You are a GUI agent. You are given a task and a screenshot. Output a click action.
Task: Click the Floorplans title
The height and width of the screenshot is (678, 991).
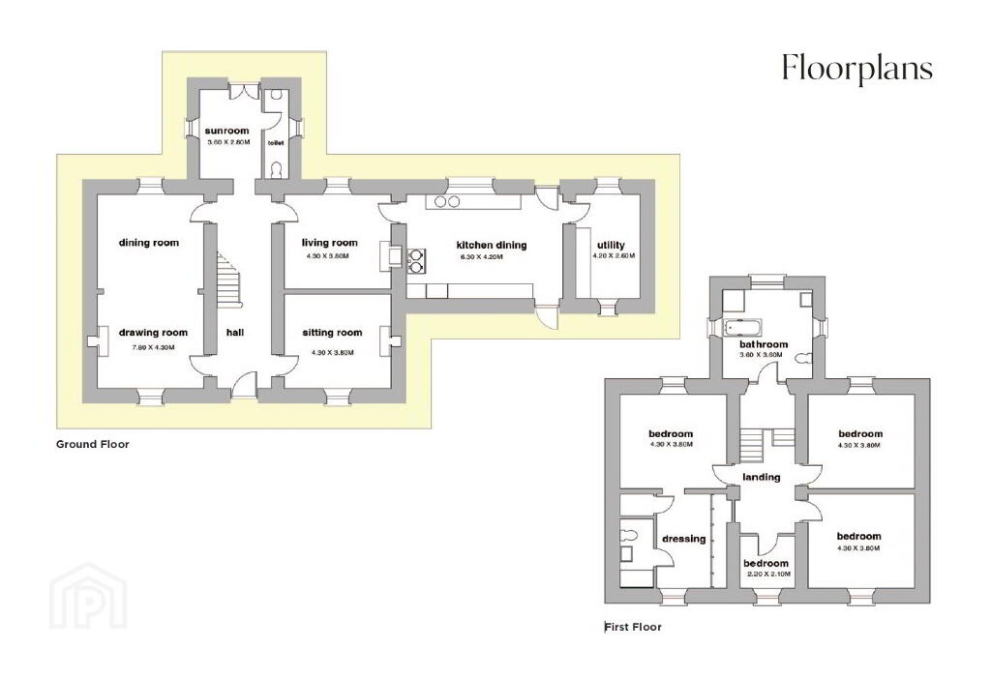pos(857,69)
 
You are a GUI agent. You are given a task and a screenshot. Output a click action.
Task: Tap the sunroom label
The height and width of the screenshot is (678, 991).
pos(226,131)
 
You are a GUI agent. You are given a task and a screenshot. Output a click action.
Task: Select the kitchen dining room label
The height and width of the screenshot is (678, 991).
pos(491,245)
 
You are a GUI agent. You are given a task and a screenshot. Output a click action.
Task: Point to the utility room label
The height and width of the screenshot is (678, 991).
pos(611,245)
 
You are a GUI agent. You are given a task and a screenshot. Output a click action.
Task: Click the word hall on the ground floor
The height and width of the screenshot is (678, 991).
pos(234,333)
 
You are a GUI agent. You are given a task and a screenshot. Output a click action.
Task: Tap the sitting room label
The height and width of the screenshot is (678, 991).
pos(332,333)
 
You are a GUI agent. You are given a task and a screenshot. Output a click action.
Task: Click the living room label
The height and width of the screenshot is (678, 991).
pos(329,243)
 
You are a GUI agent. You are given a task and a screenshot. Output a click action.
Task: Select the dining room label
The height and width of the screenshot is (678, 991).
pos(148,243)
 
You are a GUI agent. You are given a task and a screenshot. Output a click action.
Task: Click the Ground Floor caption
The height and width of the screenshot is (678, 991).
pos(92,444)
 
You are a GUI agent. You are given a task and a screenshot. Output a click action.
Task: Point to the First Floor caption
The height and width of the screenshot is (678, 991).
pos(633,627)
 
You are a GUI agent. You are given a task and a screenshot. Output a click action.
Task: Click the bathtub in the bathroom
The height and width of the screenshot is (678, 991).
pos(743,327)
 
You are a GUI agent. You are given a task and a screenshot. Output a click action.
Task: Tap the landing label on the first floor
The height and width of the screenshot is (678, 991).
pos(761,477)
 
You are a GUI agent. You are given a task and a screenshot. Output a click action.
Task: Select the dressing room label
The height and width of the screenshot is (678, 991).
pos(684,539)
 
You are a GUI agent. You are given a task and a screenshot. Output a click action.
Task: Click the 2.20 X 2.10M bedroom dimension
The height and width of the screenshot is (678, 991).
pos(768,575)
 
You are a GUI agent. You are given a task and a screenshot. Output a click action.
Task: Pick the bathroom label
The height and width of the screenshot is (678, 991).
pos(764,344)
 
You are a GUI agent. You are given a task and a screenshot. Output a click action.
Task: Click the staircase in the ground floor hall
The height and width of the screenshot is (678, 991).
pos(228,278)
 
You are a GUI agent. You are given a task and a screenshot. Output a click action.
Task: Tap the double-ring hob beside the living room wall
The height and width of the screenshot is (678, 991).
pos(417,261)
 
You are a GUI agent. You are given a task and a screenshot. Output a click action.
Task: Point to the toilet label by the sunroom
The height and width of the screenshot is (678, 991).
pos(276,143)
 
